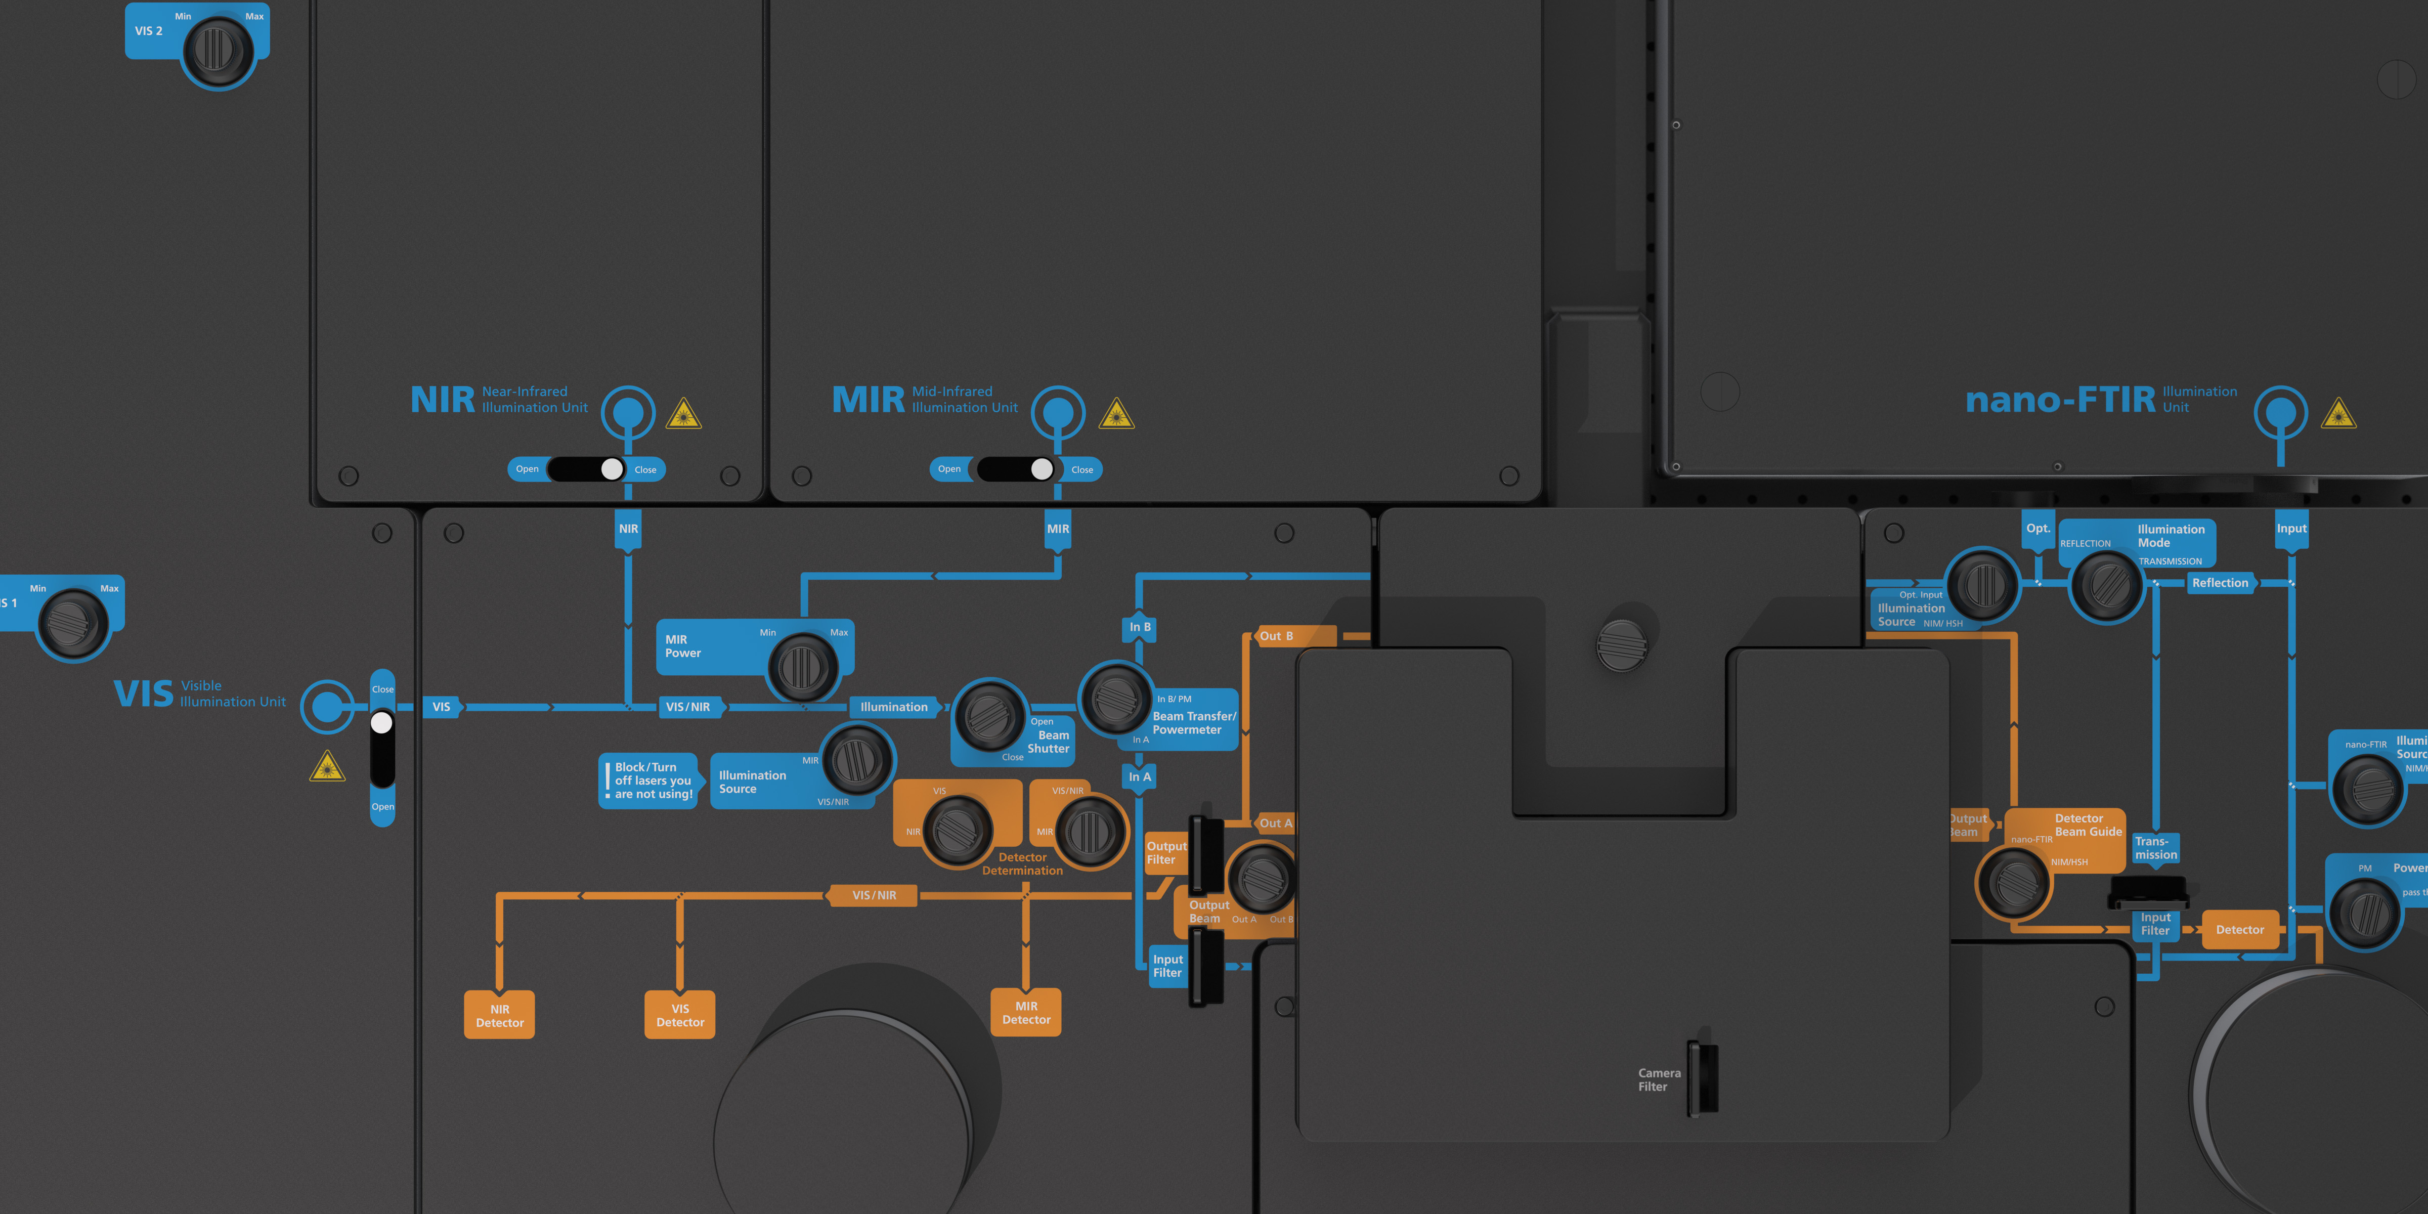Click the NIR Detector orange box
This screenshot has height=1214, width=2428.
pyautogui.click(x=500, y=1015)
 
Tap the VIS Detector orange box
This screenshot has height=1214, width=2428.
pyautogui.click(x=679, y=1015)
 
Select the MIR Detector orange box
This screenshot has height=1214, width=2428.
pyautogui.click(x=1025, y=1012)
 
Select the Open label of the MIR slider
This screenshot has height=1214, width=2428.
pyautogui.click(x=949, y=469)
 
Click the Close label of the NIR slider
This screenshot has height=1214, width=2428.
pyautogui.click(x=645, y=469)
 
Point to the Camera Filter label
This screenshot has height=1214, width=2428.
pyautogui.click(x=1659, y=1080)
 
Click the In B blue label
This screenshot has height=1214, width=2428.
pyautogui.click(x=1140, y=627)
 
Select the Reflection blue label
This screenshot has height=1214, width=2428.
pyautogui.click(x=2220, y=583)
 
